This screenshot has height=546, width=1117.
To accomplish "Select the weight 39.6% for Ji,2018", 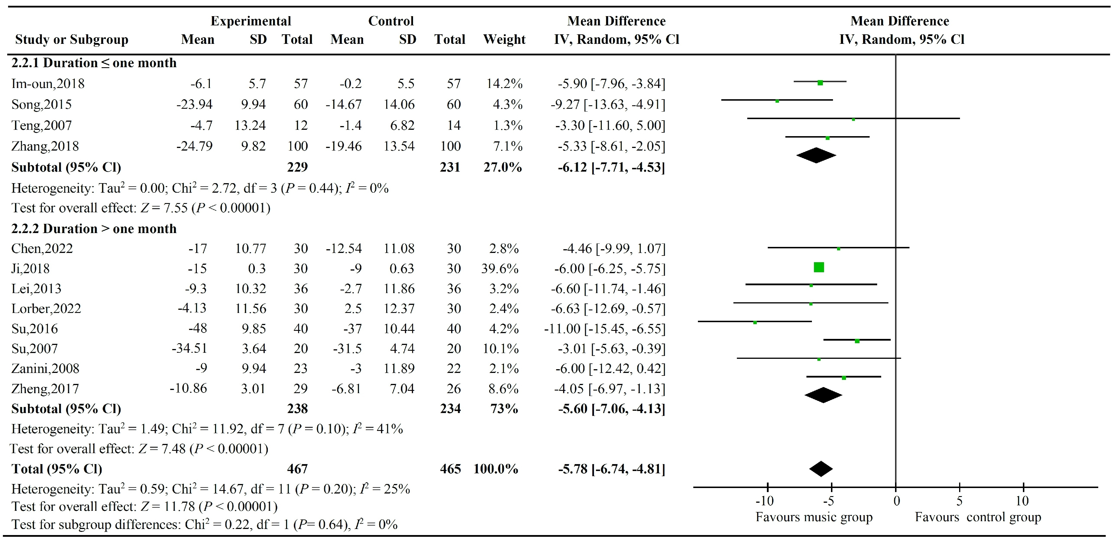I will click(500, 269).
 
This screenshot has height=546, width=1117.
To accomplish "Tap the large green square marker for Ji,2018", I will click(819, 267).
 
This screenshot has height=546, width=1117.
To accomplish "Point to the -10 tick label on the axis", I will click(765, 501).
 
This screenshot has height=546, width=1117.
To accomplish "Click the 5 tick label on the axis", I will click(959, 501).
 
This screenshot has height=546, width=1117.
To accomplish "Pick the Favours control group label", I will click(978, 517).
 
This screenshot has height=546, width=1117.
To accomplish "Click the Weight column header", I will click(504, 40).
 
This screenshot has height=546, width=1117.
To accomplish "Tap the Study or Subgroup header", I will click(72, 40).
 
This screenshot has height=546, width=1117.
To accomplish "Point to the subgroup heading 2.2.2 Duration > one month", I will click(94, 228).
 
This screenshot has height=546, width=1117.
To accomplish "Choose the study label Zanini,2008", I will click(45, 369).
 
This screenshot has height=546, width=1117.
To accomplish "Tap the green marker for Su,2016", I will click(755, 322).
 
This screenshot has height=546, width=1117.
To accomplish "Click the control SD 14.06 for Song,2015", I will click(399, 104).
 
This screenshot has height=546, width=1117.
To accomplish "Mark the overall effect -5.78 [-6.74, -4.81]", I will click(611, 469).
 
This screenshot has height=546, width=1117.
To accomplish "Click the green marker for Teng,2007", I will click(853, 119).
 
